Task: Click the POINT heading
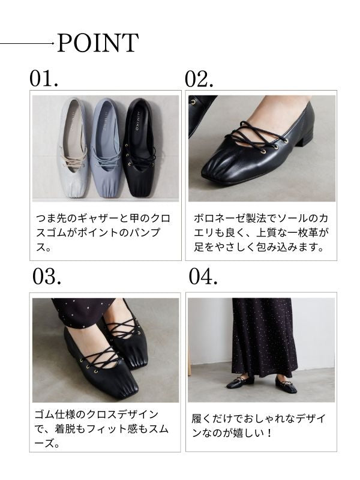(98, 43)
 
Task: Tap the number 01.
(44, 79)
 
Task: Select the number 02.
(199, 79)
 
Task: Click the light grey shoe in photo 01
(73, 147)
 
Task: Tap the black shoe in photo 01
(139, 147)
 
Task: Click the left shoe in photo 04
(241, 382)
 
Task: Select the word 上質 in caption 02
(266, 233)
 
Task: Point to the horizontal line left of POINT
(26, 43)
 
